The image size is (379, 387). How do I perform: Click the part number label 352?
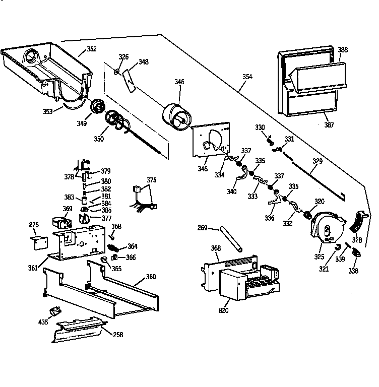[x=91, y=49]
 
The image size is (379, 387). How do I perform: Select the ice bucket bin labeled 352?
[x=48, y=71]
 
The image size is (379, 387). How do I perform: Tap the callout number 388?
[x=343, y=49]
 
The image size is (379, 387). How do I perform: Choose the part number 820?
[x=223, y=310]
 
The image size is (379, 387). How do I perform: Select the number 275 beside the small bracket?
[x=34, y=225]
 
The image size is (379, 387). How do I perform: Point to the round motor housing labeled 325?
[x=326, y=226]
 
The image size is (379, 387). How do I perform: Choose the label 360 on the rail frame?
[x=151, y=277]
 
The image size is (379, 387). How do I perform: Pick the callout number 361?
[x=33, y=268]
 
